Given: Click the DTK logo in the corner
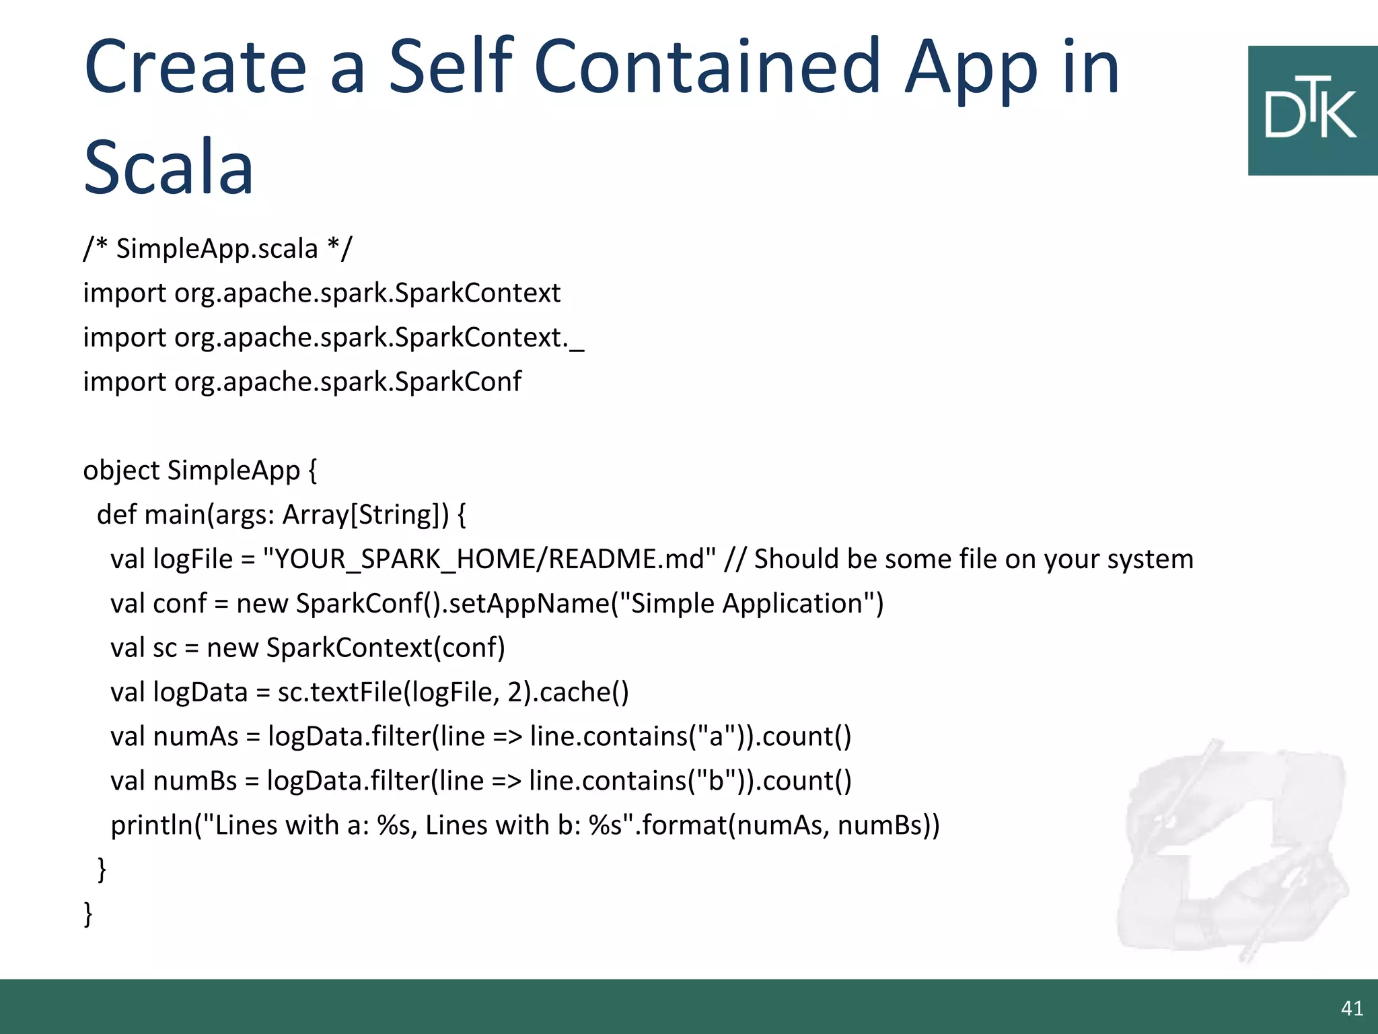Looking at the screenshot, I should [x=1311, y=111].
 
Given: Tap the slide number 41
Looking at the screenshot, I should [x=1352, y=1008].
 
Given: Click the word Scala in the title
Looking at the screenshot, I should [x=168, y=167].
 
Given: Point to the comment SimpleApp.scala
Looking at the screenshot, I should [x=217, y=248].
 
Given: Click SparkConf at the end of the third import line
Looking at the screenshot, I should [x=458, y=382].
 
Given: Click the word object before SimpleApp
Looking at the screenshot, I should [x=121, y=471].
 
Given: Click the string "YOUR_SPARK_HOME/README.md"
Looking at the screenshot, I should [x=489, y=559].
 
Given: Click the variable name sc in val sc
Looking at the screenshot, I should [x=165, y=648].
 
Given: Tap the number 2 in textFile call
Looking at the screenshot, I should [x=515, y=693].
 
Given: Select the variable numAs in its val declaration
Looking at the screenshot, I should [x=196, y=737].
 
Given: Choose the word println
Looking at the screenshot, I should [x=152, y=825].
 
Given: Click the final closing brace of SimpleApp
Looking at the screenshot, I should [x=88, y=914].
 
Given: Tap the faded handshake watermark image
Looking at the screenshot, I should [x=1231, y=848].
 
